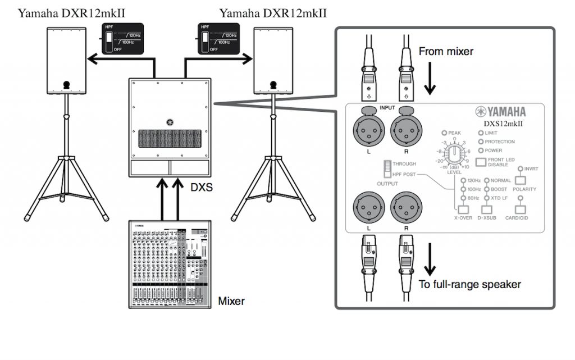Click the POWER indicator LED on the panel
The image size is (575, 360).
pos(480,151)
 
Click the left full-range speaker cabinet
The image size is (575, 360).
pos(66,60)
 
